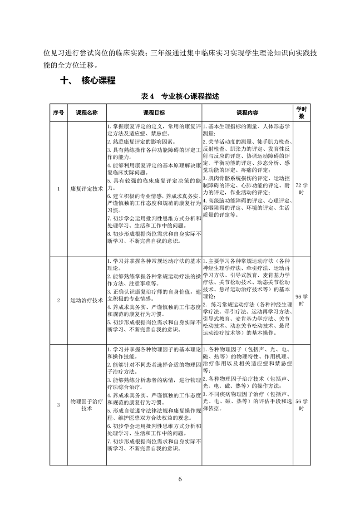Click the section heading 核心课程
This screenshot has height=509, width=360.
click(x=98, y=81)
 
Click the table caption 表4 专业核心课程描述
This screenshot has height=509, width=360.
click(x=180, y=96)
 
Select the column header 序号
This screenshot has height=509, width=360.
click(x=58, y=113)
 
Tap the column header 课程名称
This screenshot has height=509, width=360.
click(x=87, y=113)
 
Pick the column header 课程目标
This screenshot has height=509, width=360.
click(x=154, y=113)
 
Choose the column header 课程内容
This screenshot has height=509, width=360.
click(x=247, y=113)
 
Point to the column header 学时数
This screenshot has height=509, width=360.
click(x=302, y=113)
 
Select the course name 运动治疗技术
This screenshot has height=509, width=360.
click(x=87, y=300)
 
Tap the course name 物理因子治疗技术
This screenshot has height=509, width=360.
click(x=87, y=405)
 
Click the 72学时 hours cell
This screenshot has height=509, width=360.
click(x=302, y=189)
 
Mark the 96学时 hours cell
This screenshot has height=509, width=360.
click(x=302, y=300)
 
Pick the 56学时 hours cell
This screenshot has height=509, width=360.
click(x=302, y=405)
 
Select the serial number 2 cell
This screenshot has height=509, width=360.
click(x=58, y=300)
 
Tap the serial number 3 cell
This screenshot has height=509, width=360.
click(x=58, y=405)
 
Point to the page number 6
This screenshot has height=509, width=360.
click(x=180, y=480)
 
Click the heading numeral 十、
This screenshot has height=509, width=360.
click(x=67, y=81)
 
